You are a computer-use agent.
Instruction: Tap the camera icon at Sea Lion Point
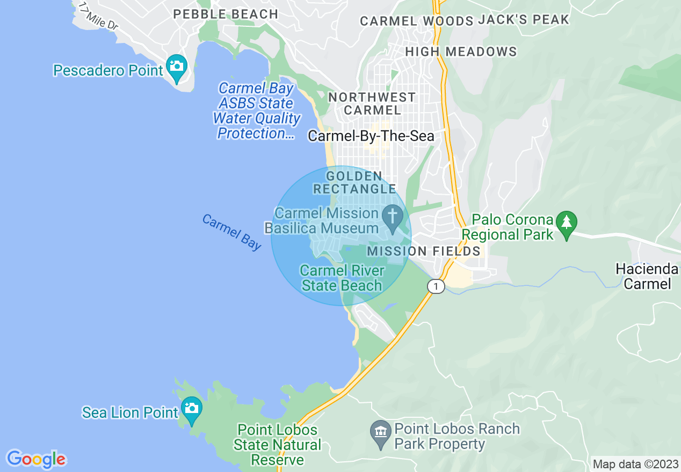(191, 408)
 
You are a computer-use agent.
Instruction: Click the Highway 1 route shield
(436, 286)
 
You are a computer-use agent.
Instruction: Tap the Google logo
(36, 459)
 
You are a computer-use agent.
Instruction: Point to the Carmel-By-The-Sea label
(371, 136)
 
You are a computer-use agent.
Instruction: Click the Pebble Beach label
(226, 14)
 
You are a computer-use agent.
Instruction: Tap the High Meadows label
(461, 52)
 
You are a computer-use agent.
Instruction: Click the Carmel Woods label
(416, 21)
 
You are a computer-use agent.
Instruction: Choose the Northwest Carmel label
(372, 104)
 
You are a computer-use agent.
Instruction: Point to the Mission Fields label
(424, 251)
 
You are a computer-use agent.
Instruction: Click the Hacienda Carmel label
(648, 276)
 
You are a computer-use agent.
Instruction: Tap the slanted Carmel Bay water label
(231, 232)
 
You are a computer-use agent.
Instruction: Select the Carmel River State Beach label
(342, 278)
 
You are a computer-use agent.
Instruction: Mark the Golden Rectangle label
(354, 182)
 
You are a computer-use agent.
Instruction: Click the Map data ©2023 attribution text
(634, 464)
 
